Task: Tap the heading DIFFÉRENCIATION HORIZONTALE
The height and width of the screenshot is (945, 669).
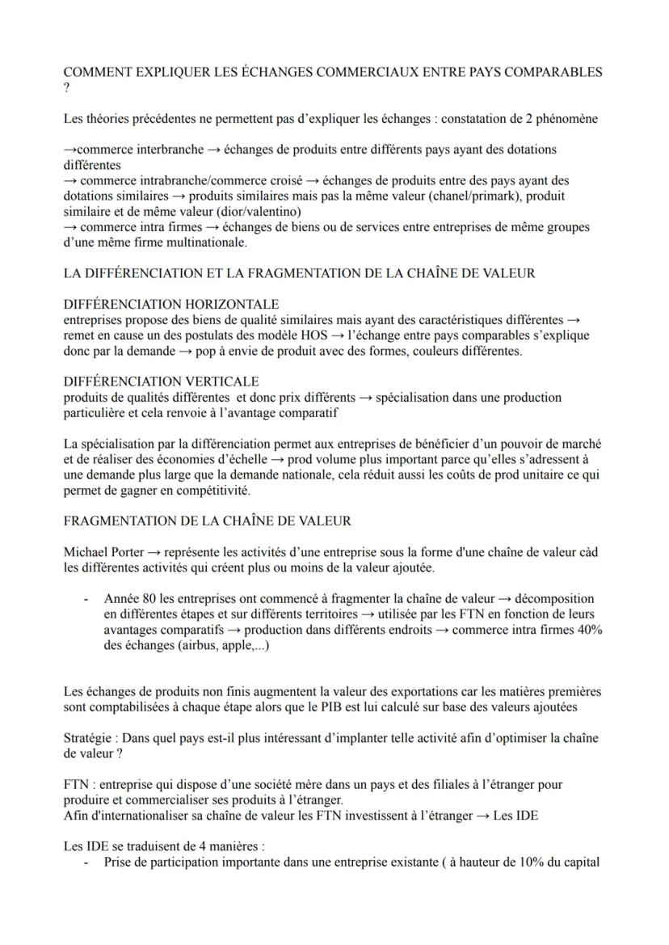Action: pos(171,304)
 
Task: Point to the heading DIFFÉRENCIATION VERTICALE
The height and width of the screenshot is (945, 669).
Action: pos(161,381)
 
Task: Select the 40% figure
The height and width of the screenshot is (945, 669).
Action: pos(588,631)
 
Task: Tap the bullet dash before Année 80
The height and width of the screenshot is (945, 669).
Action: pos(86,600)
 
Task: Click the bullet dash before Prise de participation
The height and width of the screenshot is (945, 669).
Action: pos(86,862)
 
